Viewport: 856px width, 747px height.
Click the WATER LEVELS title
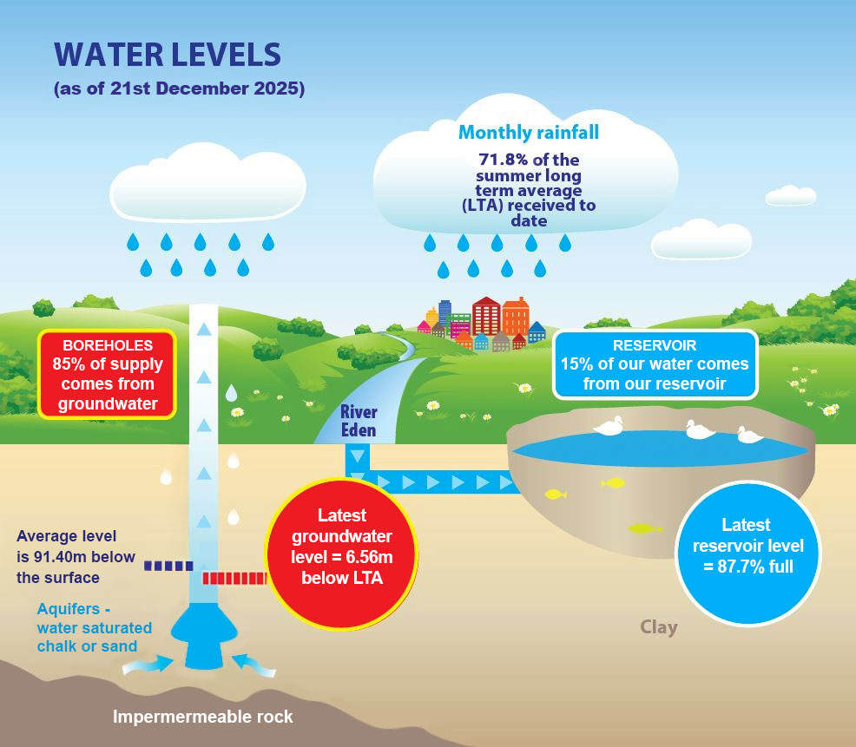point(168,55)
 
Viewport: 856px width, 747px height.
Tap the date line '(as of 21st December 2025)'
point(179,88)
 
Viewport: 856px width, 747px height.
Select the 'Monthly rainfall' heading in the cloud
point(529,132)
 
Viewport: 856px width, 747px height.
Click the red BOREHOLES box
point(108,374)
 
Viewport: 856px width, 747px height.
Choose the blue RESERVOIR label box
point(655,364)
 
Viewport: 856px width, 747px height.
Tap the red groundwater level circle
point(342,554)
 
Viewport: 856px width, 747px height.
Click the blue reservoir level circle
point(747,553)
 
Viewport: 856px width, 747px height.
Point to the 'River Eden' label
point(359,421)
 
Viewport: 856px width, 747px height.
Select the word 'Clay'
point(659,627)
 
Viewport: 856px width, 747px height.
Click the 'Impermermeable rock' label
point(202,717)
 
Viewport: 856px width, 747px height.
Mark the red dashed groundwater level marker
point(234,579)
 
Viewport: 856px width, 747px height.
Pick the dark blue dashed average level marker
point(168,566)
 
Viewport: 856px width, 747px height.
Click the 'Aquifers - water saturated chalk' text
point(95,627)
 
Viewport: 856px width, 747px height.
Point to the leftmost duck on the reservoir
point(609,426)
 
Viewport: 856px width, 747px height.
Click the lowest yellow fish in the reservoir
point(645,528)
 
